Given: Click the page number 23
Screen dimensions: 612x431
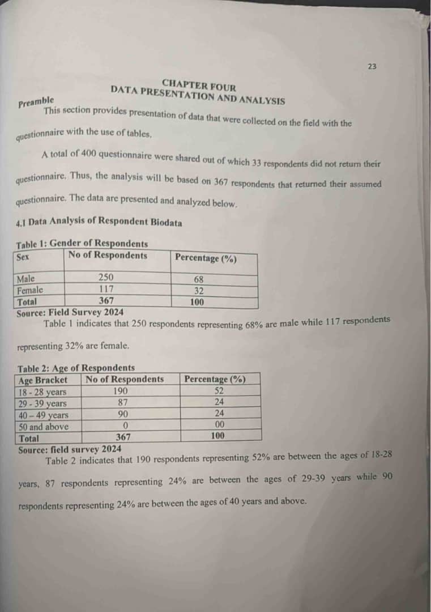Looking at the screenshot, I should pyautogui.click(x=372, y=66).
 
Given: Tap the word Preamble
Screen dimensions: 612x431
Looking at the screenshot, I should pyautogui.click(x=36, y=102).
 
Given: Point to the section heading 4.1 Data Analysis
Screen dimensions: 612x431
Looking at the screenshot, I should pyautogui.click(x=99, y=223).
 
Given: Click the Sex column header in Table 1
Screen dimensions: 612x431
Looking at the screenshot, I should pyautogui.click(x=23, y=257).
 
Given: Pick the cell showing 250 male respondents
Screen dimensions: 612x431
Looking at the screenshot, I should pyautogui.click(x=106, y=277).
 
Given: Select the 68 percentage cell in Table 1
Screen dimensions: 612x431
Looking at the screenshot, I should pyautogui.click(x=198, y=279).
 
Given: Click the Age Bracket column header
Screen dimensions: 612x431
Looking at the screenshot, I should pyautogui.click(x=42, y=380).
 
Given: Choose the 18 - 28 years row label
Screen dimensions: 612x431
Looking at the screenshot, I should pyautogui.click(x=42, y=392).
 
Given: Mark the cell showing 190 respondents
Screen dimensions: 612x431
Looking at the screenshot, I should pyautogui.click(x=120, y=391).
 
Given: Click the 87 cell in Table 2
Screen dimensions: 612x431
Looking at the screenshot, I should pyautogui.click(x=121, y=402).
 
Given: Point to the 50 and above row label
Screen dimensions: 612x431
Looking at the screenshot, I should pyautogui.click(x=44, y=427).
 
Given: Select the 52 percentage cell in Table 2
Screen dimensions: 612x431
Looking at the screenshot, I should pyautogui.click(x=219, y=390).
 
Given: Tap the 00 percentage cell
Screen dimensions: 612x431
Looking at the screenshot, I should pyautogui.click(x=220, y=424).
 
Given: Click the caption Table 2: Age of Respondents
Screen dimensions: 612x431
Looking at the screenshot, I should pyautogui.click(x=76, y=368).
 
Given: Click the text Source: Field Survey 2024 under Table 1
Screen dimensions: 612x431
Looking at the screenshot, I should pyautogui.click(x=70, y=312).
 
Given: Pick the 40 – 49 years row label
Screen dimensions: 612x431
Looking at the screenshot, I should pyautogui.click(x=43, y=415).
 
